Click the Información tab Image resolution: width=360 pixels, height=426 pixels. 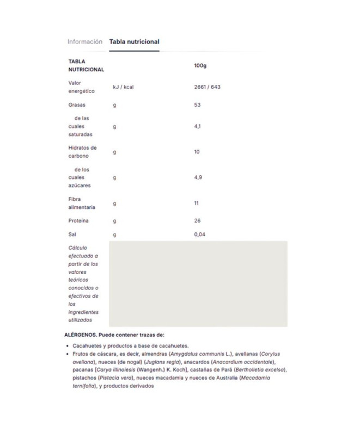coord(84,41)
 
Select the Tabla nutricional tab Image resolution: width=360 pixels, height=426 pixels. coord(134,41)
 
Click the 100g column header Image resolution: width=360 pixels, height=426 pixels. coord(200,65)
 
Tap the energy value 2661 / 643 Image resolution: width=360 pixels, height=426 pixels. coord(207,87)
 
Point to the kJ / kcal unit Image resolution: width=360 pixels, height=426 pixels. coord(124,87)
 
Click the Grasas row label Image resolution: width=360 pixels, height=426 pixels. coord(77,105)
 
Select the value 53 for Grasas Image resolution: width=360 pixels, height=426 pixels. coord(198,105)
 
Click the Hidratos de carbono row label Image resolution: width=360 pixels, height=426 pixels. coord(83,152)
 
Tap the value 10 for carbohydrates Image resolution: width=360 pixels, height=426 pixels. coord(197,152)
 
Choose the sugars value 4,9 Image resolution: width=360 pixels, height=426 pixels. coord(198,177)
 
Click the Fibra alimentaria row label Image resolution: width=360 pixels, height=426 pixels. coord(82,203)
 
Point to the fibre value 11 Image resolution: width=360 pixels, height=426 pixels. coord(197,203)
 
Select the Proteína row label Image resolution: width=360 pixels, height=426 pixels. coord(78,221)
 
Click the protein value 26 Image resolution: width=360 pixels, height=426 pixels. coord(197,221)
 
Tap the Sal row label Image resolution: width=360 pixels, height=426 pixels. coord(72,234)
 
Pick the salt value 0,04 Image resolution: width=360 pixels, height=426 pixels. coord(200,234)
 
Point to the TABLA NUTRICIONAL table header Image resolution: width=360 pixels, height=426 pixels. coord(86,65)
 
